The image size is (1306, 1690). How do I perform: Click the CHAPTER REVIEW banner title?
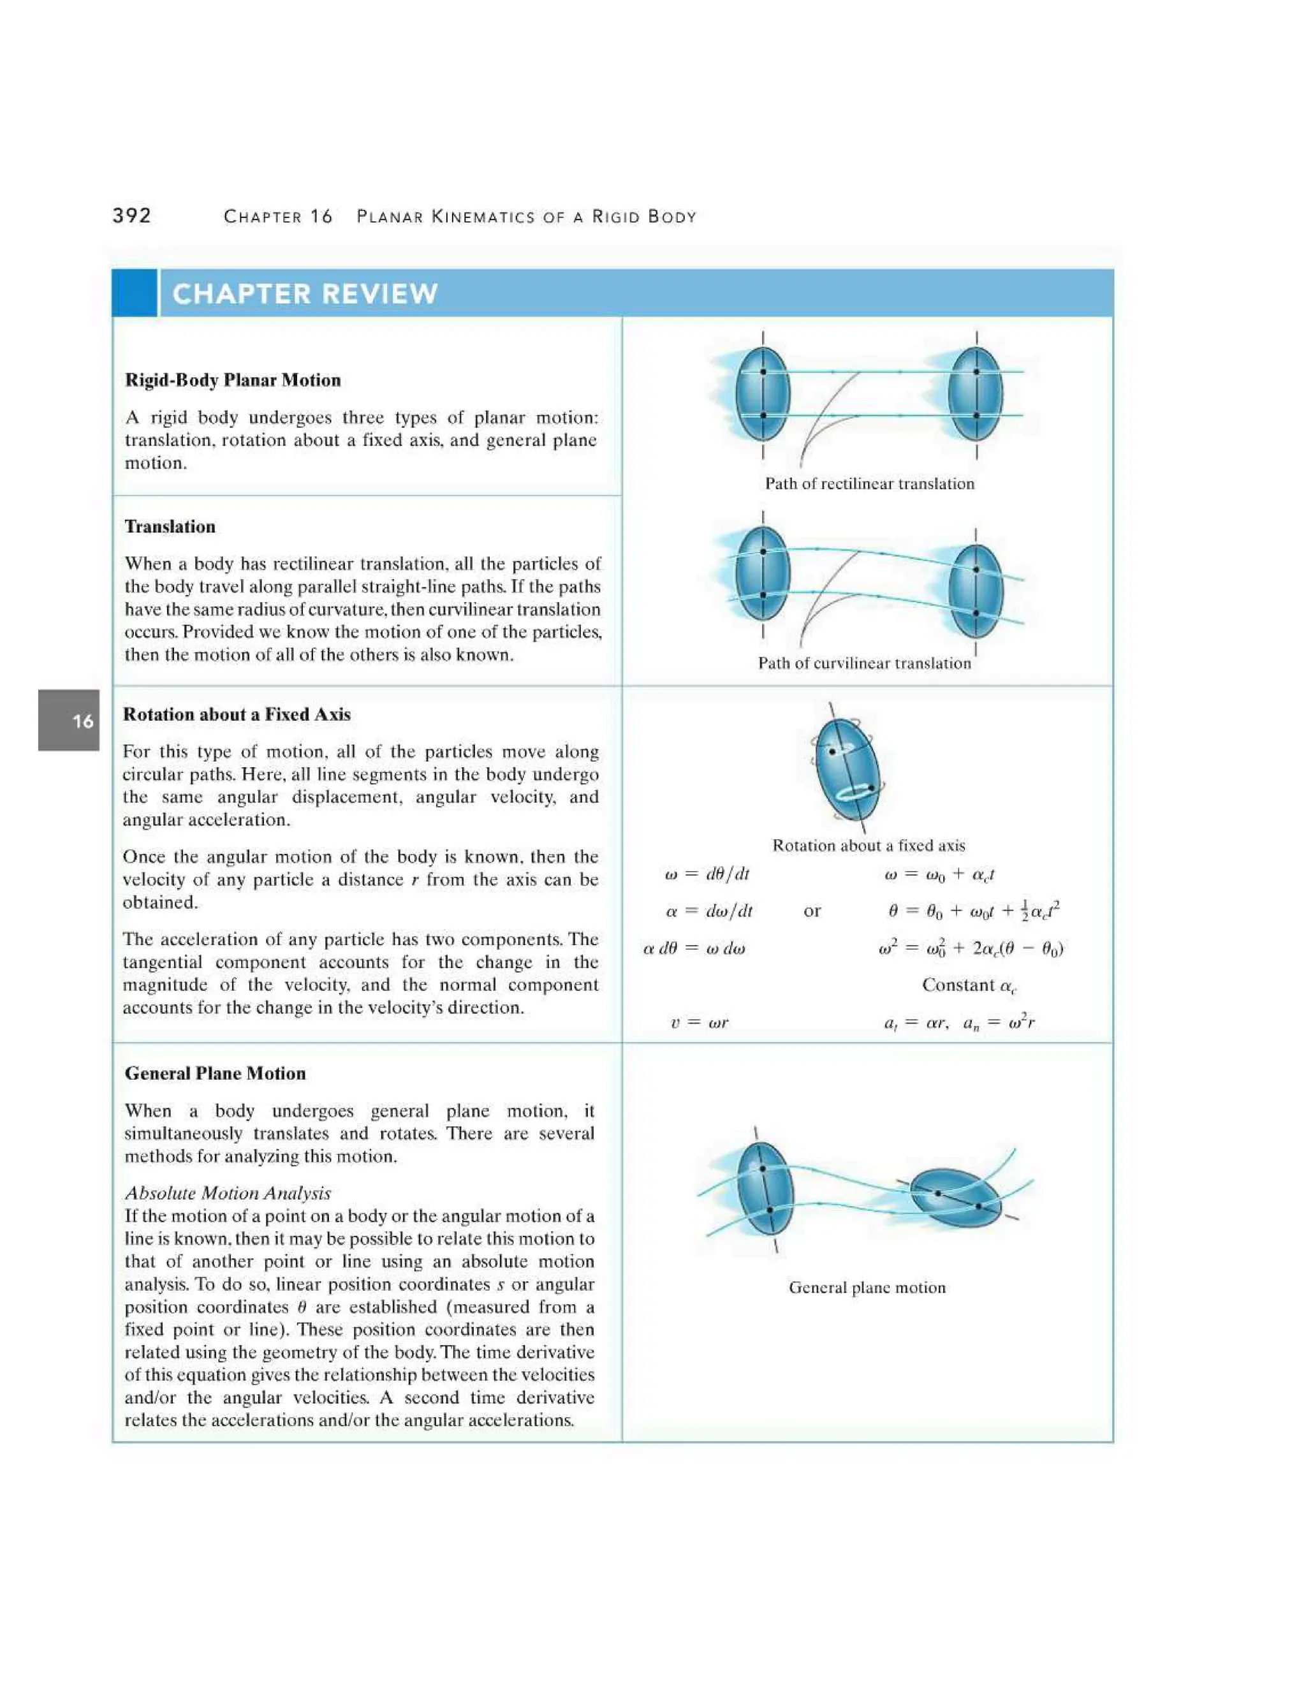[x=305, y=294]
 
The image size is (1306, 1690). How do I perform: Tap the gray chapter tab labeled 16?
[x=69, y=721]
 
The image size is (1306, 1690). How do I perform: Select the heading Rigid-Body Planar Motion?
[x=233, y=380]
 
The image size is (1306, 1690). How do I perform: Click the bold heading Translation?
[x=170, y=526]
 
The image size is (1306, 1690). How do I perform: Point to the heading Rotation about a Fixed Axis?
[x=237, y=714]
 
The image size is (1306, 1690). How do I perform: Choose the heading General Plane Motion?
[x=215, y=1073]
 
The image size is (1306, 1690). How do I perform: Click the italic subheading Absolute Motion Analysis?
[x=228, y=1193]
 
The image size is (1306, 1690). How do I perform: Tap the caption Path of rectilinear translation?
[x=870, y=483]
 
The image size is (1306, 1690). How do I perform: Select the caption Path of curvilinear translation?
[x=864, y=663]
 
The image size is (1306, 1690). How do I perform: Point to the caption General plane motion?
[x=867, y=1288]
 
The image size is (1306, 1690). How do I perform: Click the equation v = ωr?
[x=700, y=1023]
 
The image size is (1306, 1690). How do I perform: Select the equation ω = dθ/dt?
[x=707, y=874]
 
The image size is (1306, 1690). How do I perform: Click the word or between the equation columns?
[x=812, y=911]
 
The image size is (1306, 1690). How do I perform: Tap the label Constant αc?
[x=969, y=985]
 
